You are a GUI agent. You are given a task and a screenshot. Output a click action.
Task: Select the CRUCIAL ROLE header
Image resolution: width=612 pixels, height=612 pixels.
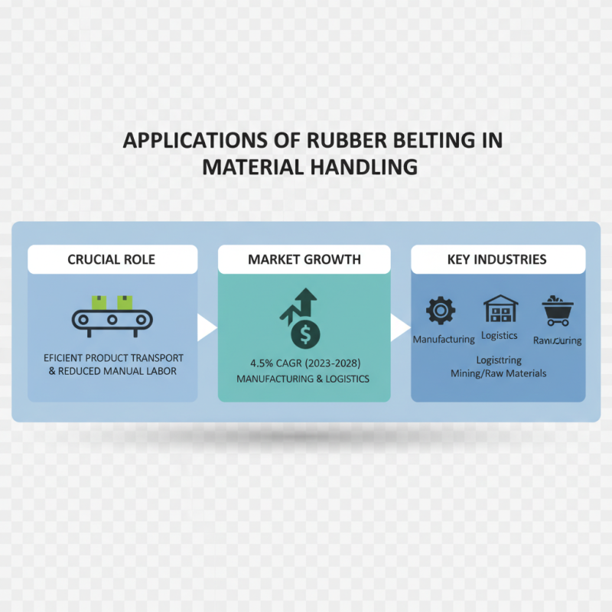pyautogui.click(x=112, y=259)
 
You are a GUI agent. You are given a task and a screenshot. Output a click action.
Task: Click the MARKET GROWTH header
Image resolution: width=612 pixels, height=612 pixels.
pyautogui.click(x=304, y=259)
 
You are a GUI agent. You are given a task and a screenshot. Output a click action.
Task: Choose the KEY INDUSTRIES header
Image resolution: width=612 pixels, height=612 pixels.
pyautogui.click(x=497, y=259)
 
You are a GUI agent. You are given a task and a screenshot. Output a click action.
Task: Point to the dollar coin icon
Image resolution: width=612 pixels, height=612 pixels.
pyautogui.click(x=306, y=333)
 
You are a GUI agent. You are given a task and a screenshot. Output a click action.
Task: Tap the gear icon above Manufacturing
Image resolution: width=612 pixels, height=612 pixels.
pyautogui.click(x=440, y=311)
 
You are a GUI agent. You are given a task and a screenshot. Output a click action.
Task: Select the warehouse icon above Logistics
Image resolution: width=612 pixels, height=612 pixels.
pyautogui.click(x=500, y=309)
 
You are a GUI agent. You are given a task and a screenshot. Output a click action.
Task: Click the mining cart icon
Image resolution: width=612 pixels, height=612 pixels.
pyautogui.click(x=558, y=311)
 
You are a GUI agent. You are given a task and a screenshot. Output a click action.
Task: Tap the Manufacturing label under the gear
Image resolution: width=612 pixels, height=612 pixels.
pyautogui.click(x=444, y=338)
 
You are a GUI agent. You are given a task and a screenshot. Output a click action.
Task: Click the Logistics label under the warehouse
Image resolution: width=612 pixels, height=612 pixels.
pyautogui.click(x=500, y=336)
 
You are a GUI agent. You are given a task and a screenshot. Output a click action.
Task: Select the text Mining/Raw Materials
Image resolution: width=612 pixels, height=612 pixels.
pyautogui.click(x=499, y=373)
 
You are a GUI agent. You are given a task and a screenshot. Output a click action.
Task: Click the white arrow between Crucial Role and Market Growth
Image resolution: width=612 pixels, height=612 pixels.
pyautogui.click(x=205, y=327)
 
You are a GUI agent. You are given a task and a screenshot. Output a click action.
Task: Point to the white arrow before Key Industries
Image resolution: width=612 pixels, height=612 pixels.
pyautogui.click(x=399, y=327)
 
